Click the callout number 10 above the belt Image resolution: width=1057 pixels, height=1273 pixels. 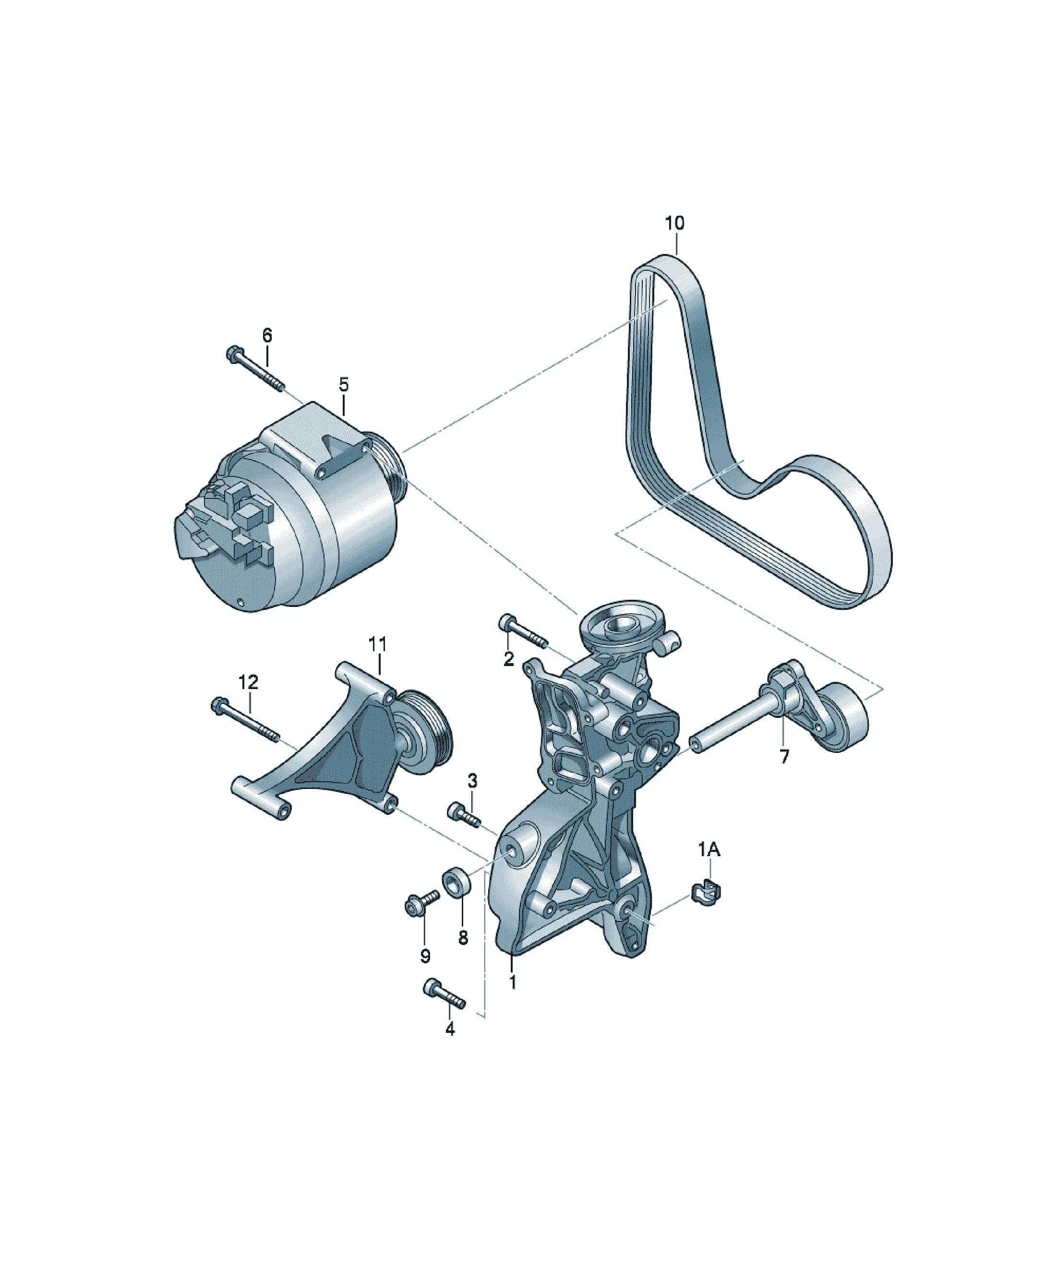(674, 223)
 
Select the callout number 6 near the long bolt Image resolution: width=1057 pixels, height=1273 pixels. (267, 335)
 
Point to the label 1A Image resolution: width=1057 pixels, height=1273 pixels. (709, 850)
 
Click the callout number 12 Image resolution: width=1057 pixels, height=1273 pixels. (249, 682)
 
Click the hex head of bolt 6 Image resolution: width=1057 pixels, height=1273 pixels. (234, 353)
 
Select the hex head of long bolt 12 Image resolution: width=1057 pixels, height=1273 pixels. (219, 705)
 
